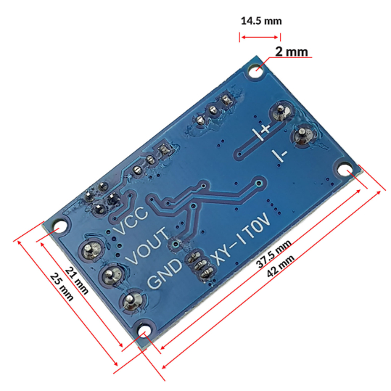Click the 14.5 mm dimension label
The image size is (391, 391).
(x=261, y=21)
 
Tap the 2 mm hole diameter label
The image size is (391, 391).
(x=292, y=52)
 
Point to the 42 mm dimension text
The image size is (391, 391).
(x=280, y=266)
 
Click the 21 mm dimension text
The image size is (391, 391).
(x=77, y=281)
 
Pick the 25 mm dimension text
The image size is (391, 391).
(x=62, y=287)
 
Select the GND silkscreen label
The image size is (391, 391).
(x=165, y=273)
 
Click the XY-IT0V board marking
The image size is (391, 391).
(x=241, y=239)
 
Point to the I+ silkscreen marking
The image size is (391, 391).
(x=261, y=131)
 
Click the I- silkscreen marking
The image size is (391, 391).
(x=280, y=155)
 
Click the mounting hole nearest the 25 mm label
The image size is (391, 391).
(x=59, y=229)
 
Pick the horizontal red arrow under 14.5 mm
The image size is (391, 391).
(x=260, y=38)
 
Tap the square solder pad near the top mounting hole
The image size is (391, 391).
(x=226, y=100)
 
